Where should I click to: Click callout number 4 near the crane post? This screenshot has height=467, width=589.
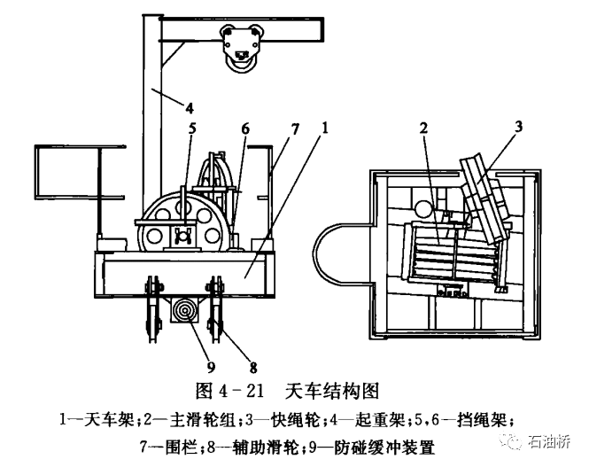190,108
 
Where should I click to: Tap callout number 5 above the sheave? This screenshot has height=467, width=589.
192,128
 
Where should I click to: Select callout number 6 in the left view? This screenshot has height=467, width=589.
245,128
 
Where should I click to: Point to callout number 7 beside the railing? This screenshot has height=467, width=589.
296,128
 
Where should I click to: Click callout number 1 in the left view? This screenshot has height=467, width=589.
325,128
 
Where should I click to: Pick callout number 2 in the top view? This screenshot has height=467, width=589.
423,128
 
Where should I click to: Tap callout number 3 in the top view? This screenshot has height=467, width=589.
518,127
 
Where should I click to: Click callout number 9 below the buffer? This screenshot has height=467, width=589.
211,367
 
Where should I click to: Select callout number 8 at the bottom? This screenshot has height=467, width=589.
253,367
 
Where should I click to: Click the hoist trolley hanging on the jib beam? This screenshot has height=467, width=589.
240,47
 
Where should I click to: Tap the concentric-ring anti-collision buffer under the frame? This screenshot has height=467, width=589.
186,309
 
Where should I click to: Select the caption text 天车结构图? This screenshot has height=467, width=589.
331,392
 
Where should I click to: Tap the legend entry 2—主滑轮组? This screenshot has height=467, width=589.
191,420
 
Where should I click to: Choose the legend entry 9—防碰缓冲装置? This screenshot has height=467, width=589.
372,448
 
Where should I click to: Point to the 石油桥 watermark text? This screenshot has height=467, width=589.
549,441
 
